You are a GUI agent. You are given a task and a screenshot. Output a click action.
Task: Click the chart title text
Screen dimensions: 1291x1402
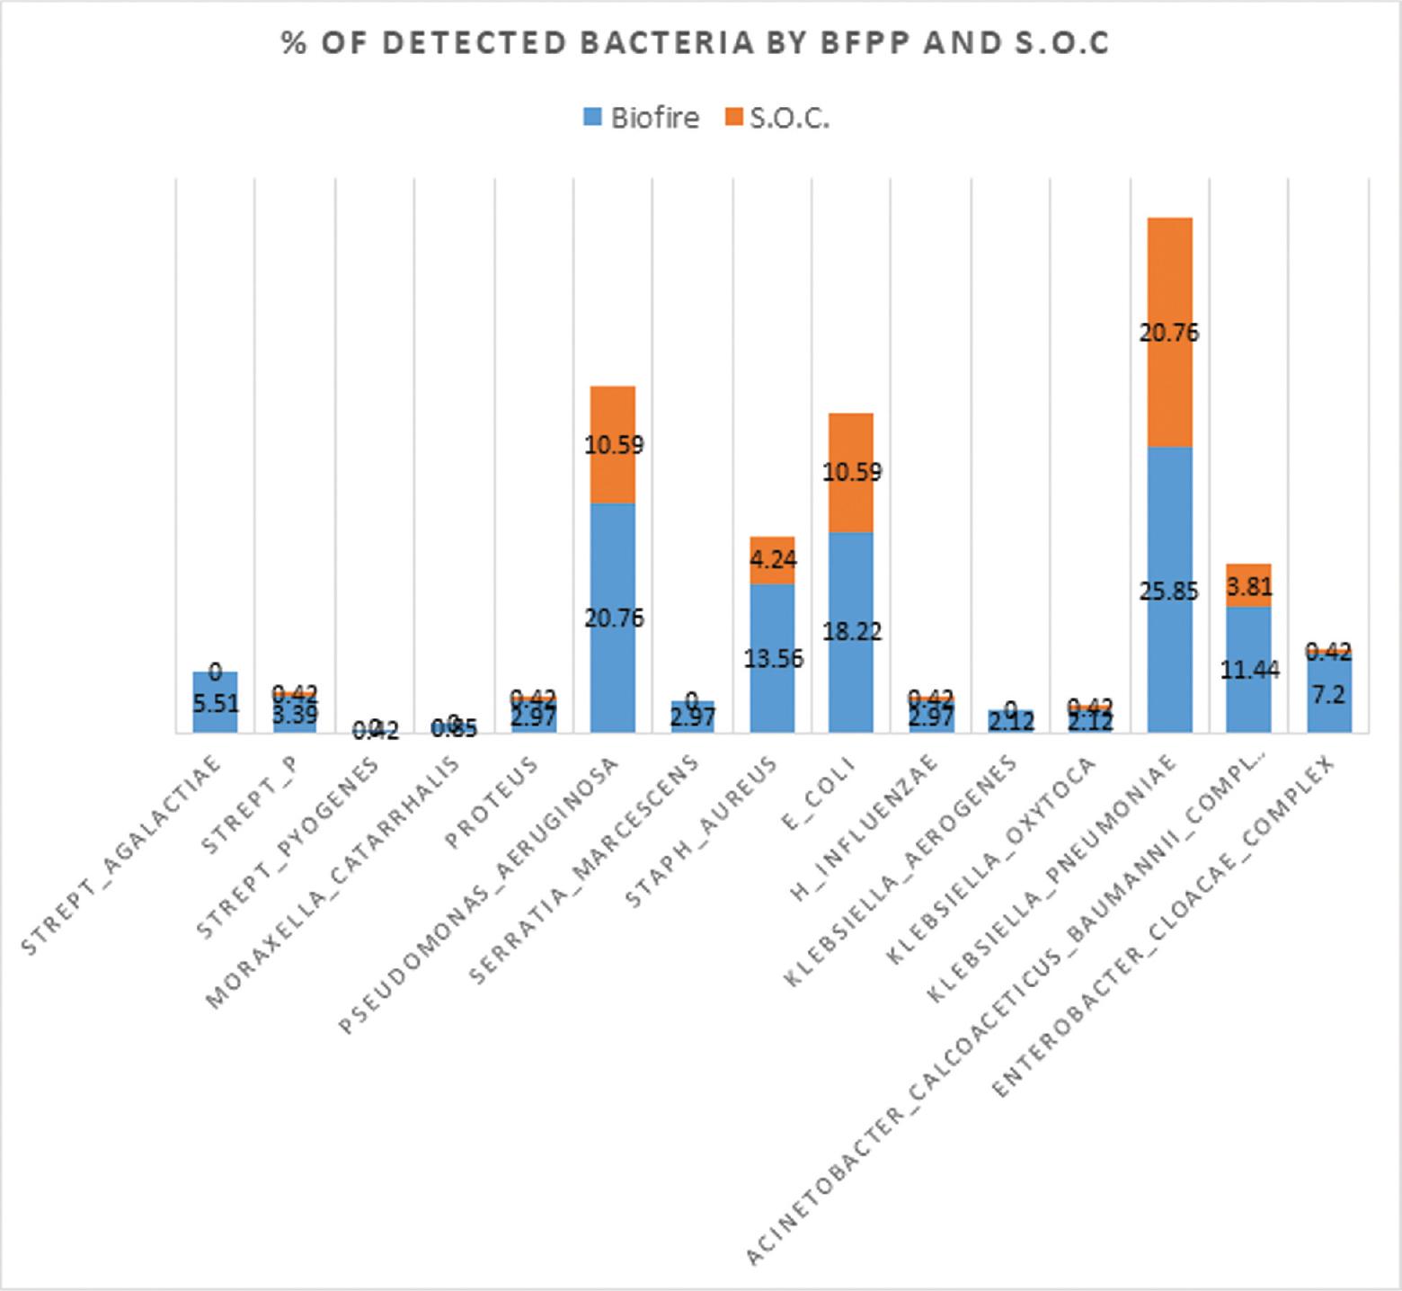695,44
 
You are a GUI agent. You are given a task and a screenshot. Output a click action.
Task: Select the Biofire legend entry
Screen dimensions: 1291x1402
641,118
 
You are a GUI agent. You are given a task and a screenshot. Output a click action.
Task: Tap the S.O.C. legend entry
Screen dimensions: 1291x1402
776,118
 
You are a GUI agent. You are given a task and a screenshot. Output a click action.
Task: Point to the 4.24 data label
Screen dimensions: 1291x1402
772,559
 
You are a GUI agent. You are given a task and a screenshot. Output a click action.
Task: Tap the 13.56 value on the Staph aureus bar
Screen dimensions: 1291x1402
774,659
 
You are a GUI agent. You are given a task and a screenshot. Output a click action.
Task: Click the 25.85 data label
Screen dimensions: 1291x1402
1168,592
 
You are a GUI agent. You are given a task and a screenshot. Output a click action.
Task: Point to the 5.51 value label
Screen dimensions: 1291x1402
216,703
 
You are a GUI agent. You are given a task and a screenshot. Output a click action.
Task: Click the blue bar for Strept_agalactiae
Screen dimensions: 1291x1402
216,710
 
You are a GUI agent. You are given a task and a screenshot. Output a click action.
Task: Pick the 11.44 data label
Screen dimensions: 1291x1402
1249,670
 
